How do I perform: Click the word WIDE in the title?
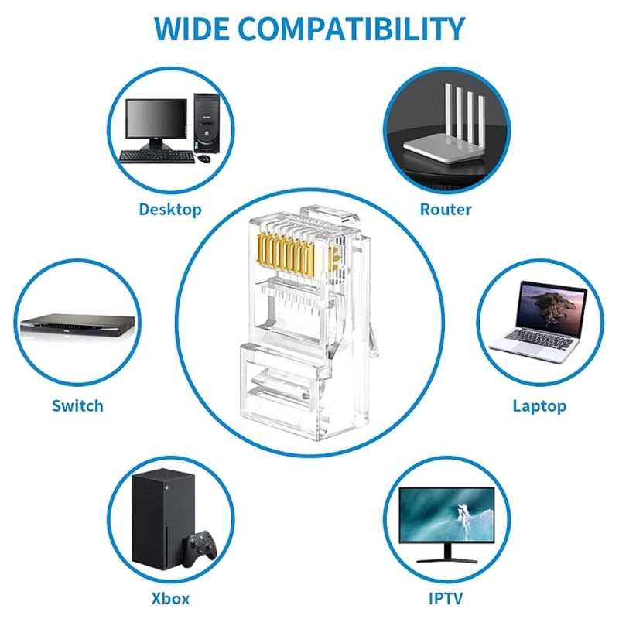(x=191, y=29)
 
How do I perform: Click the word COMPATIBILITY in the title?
(x=351, y=29)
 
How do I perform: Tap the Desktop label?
(x=170, y=209)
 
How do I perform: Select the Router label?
(x=446, y=209)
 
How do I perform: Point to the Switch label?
(x=78, y=405)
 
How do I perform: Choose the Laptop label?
(x=539, y=406)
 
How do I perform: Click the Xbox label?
(x=170, y=598)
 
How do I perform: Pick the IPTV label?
(x=446, y=598)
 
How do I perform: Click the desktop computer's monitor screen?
(x=156, y=118)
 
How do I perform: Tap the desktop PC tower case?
(x=206, y=123)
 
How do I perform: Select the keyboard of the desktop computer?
(x=157, y=157)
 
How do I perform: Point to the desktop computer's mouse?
(x=203, y=159)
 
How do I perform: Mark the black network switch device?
(x=78, y=325)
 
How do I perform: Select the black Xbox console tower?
(x=163, y=518)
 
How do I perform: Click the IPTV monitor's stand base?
(x=447, y=559)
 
